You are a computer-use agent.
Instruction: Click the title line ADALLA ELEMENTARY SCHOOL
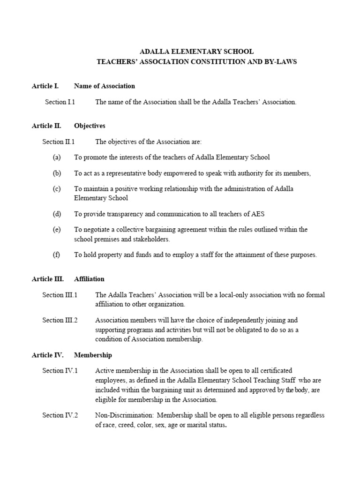point(197,51)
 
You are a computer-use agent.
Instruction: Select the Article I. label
point(45,86)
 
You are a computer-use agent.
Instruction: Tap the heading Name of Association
point(105,86)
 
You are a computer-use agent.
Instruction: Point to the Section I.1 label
point(60,102)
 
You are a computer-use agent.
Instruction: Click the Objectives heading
point(90,126)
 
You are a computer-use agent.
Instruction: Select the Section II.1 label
point(59,142)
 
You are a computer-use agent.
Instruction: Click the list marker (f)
point(56,255)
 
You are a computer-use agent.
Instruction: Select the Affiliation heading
point(89,279)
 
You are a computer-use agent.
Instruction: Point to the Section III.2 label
point(60,320)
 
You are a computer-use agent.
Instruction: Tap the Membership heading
point(93,355)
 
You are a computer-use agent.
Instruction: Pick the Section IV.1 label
point(60,371)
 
